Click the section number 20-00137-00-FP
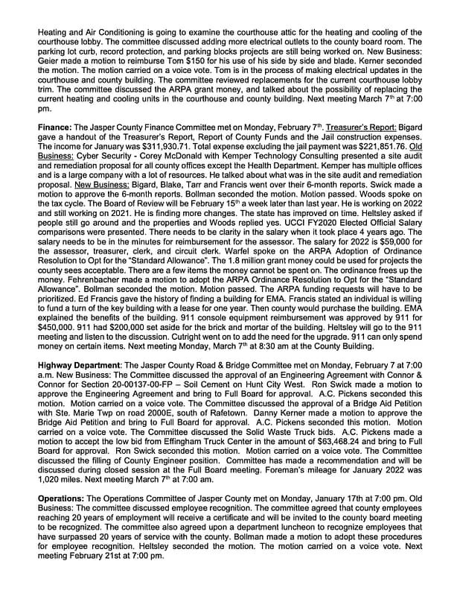[x=122, y=381]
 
